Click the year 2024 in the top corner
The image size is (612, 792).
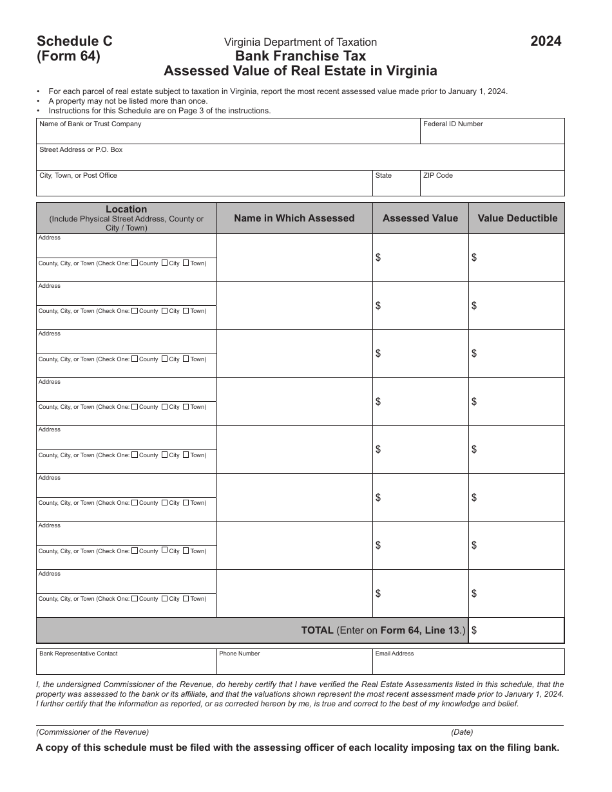pos(546,41)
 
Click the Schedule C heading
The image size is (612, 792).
pos(75,41)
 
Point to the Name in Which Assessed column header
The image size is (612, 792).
pos(294,218)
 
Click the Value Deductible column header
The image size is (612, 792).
pos(517,218)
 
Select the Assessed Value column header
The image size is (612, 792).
pos(420,218)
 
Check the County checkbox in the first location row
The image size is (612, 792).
pos(135,263)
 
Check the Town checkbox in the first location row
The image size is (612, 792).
pos(186,263)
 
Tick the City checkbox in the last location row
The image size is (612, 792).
pos(165,598)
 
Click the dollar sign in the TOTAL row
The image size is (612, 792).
pos(474,631)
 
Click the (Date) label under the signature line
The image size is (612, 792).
pos(462,732)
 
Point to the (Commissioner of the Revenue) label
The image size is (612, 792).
pos(93,732)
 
